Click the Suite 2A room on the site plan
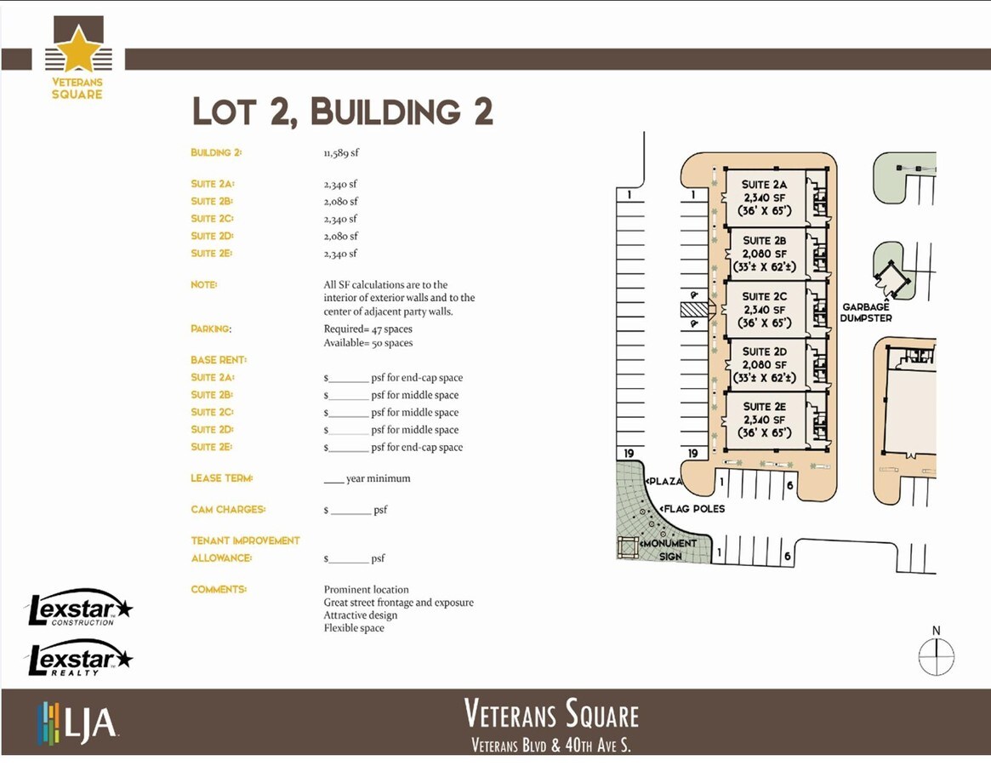(x=764, y=197)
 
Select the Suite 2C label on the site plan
(x=765, y=297)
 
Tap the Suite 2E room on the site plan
(x=764, y=420)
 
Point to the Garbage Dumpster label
(x=866, y=312)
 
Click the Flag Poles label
(x=694, y=509)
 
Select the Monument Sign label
(x=670, y=549)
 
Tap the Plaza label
(x=665, y=482)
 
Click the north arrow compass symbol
(x=936, y=657)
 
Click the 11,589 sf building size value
(x=341, y=153)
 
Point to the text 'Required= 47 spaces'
(x=367, y=329)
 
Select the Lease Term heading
(x=222, y=478)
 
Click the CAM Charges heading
(x=228, y=510)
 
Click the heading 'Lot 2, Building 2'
(x=343, y=112)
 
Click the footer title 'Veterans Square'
(x=551, y=713)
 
